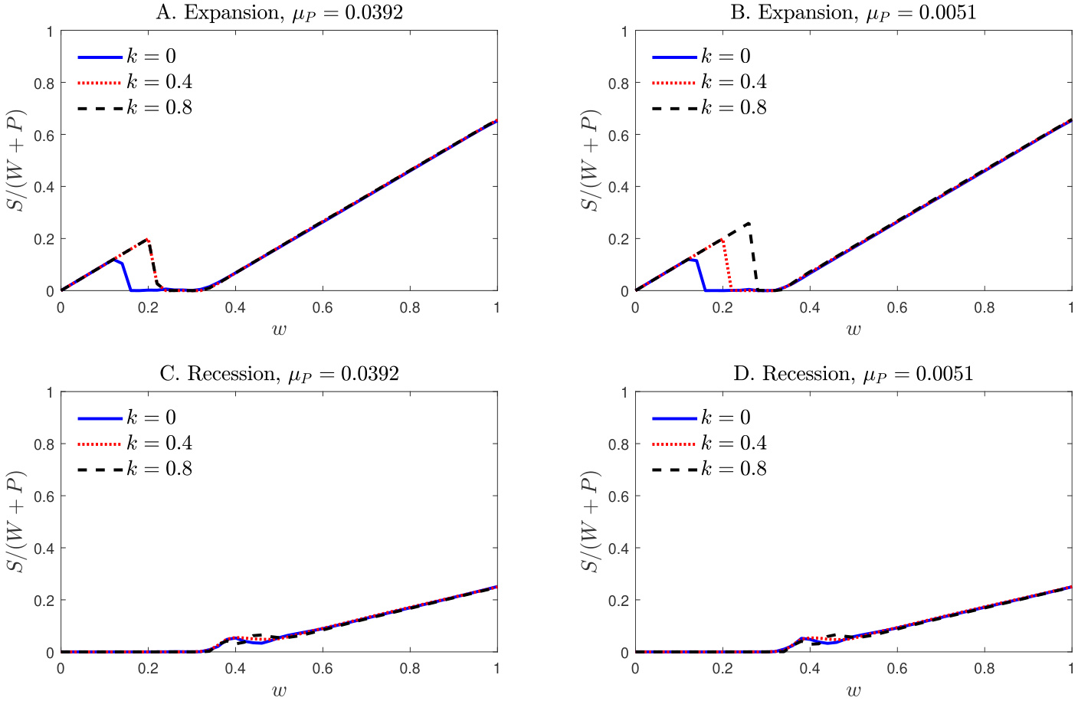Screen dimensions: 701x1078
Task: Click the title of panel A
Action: [279, 13]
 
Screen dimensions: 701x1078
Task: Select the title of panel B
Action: [854, 13]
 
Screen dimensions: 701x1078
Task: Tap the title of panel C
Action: [279, 374]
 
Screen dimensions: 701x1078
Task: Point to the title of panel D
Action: [854, 374]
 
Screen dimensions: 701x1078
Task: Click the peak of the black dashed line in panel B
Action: [749, 223]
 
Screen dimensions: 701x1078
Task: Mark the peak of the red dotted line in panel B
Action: [722, 239]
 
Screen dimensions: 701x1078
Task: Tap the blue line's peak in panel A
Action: [113, 260]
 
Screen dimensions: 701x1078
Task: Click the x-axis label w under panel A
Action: [279, 329]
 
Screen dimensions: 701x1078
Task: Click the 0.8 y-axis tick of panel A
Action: [44, 84]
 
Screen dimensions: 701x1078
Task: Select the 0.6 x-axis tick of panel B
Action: [897, 308]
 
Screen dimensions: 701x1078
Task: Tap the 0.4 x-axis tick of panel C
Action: [235, 669]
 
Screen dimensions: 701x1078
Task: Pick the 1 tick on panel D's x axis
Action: [1071, 669]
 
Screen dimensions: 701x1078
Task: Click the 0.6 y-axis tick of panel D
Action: [618, 496]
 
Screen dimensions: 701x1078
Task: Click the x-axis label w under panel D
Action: [854, 690]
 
